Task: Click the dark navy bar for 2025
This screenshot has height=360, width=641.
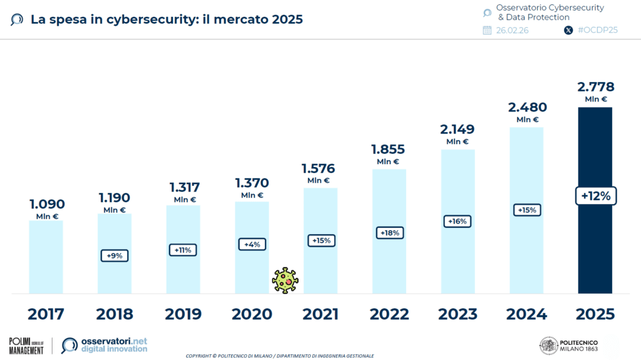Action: (595, 250)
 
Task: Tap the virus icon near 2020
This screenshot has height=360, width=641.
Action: (285, 280)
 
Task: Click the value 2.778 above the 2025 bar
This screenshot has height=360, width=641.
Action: (595, 87)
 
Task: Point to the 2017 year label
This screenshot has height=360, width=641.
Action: (46, 314)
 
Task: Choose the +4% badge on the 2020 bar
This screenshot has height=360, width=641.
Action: (252, 244)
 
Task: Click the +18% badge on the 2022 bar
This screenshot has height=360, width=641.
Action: (389, 232)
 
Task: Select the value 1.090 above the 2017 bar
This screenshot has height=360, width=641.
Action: (46, 204)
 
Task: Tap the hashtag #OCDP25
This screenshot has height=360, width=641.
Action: (598, 30)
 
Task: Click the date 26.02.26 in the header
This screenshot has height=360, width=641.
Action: (511, 30)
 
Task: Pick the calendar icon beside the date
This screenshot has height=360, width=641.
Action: (487, 30)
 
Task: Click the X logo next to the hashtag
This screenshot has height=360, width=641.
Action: (568, 30)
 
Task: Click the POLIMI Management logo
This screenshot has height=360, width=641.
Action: (26, 346)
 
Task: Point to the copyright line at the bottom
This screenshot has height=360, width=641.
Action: (280, 356)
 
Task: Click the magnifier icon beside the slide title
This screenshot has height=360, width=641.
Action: (18, 19)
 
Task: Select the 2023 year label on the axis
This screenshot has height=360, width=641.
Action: (458, 314)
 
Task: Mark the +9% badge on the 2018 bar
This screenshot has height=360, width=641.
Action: (115, 255)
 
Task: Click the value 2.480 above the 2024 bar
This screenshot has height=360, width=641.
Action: (526, 107)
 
